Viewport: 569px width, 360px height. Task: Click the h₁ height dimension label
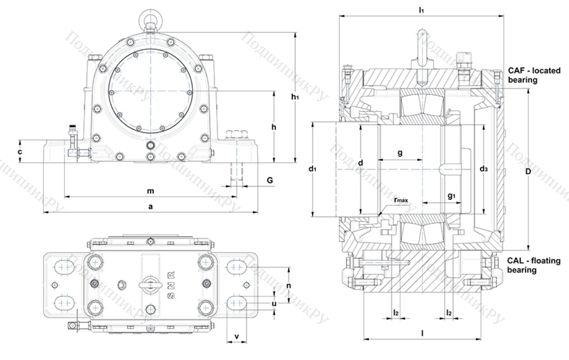(x=295, y=98)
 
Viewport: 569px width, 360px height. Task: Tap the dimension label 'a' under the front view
(x=150, y=207)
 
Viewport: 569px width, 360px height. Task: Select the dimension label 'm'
(x=150, y=191)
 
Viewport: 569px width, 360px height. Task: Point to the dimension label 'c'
(x=20, y=152)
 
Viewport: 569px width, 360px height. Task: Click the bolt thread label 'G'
(x=269, y=180)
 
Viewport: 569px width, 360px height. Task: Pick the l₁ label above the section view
(x=422, y=10)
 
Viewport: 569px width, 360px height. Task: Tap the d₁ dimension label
(x=312, y=169)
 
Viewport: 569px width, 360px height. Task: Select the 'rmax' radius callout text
(x=402, y=200)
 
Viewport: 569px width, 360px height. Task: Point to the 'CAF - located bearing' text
(x=534, y=75)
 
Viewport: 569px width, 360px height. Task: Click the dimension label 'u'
(x=274, y=304)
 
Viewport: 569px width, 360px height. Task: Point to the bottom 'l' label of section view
(x=422, y=332)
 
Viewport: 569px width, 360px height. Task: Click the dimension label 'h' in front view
(x=274, y=127)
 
